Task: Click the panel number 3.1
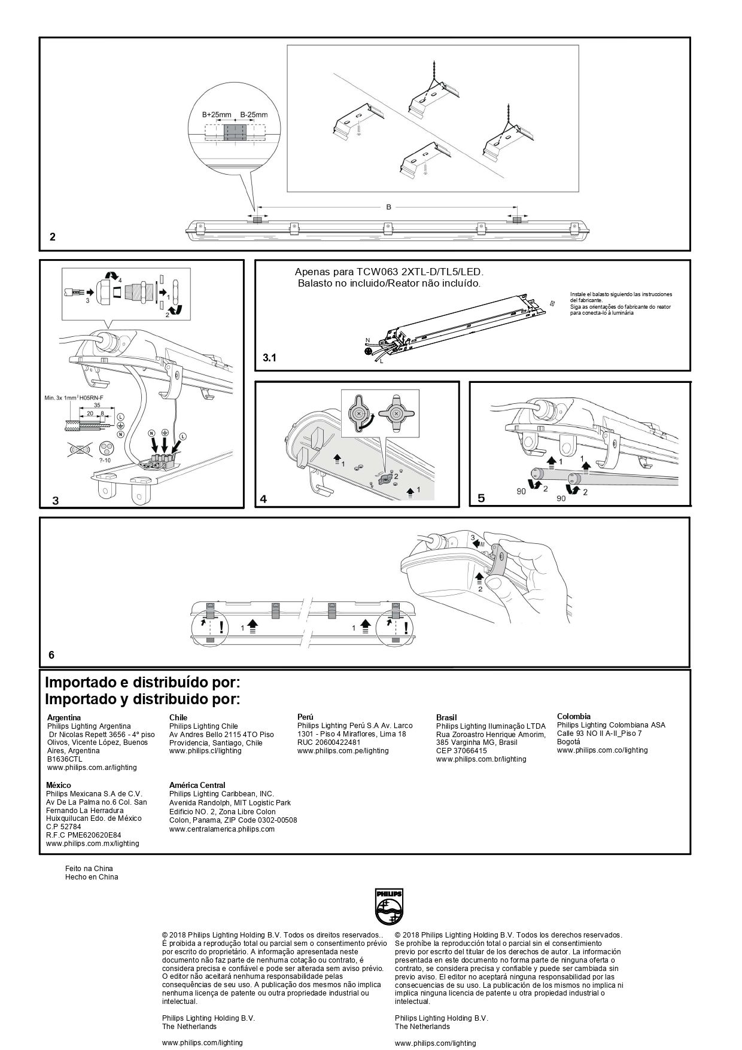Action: click(x=270, y=358)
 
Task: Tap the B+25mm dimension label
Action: click(x=217, y=114)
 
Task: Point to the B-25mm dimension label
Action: click(x=254, y=114)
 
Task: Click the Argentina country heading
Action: click(x=63, y=717)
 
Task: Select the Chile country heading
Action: click(x=178, y=717)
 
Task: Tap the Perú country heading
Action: click(x=306, y=716)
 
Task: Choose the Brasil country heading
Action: click(x=446, y=717)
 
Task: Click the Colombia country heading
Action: click(x=573, y=716)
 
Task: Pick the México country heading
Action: click(x=59, y=785)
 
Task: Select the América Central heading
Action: click(x=197, y=785)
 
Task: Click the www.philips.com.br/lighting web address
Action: click(x=481, y=759)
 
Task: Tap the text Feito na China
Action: click(x=89, y=868)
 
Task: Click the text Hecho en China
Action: click(x=92, y=877)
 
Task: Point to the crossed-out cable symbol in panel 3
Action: click(x=79, y=449)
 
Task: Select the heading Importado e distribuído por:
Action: click(x=142, y=682)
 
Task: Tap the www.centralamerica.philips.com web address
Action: click(x=222, y=829)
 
